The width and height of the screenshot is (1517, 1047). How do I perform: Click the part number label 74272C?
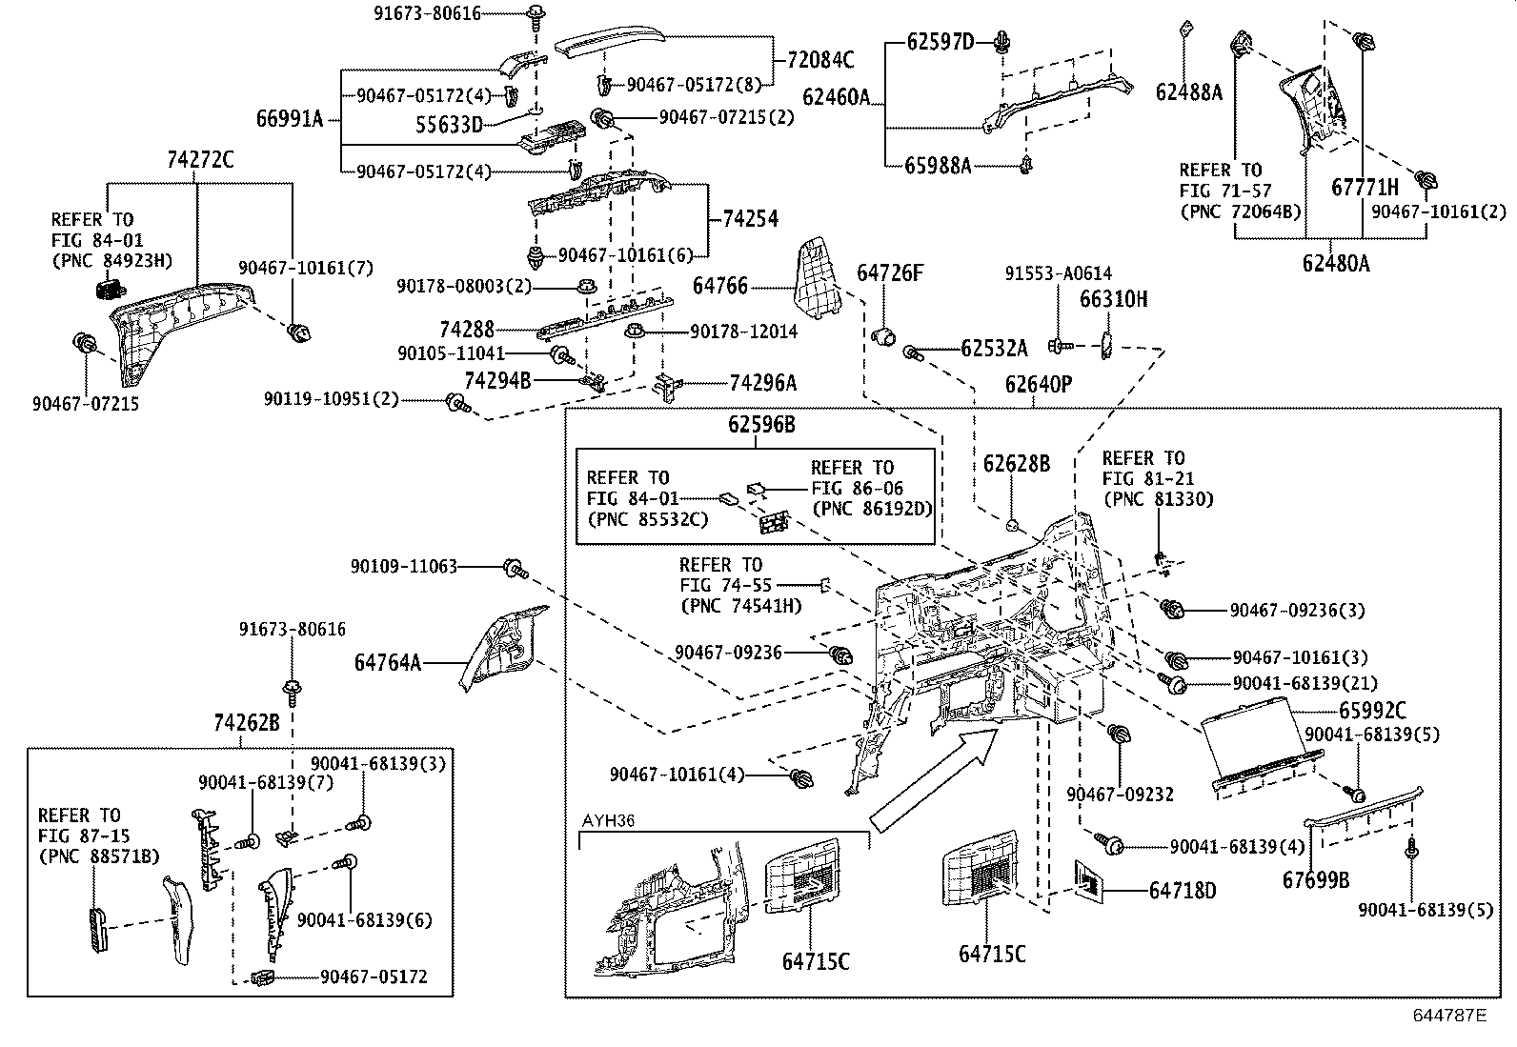pos(200,160)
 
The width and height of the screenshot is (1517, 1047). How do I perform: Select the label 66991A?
pos(290,119)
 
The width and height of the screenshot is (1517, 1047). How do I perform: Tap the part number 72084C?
pos(820,61)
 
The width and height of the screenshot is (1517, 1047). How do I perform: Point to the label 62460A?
pos(836,97)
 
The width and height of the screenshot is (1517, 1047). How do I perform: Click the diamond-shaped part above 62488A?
pos(1186,27)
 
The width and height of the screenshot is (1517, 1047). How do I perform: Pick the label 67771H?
pos(1365,188)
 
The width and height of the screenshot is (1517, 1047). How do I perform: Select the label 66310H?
pos(1113,299)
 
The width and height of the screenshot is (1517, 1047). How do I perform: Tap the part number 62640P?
pos(1038,385)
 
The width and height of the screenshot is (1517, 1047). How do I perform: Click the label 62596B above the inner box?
pos(761,425)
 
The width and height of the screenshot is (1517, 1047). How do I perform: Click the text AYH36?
pos(608,820)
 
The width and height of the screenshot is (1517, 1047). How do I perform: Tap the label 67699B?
pos(1315,880)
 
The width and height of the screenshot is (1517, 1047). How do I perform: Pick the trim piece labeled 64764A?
pos(500,648)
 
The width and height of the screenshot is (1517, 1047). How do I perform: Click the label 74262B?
pos(247,724)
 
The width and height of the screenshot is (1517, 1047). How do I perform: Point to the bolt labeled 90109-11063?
pos(515,568)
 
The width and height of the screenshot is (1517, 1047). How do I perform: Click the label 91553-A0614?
pos(1058,273)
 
